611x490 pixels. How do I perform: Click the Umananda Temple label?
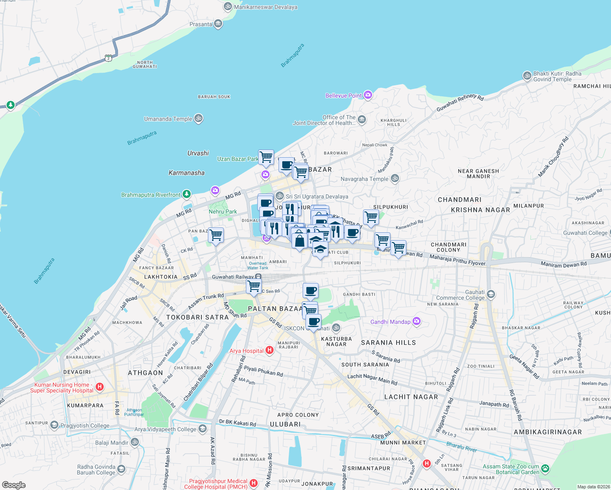coord(168,119)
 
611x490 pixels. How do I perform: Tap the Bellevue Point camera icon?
coord(368,95)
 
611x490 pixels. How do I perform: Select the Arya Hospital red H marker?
coord(269,350)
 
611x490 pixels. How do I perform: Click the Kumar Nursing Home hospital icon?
coord(99,387)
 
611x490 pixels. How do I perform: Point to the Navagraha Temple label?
coord(364,179)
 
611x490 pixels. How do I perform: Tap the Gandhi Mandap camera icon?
coord(416,321)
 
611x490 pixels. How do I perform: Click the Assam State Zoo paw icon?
coord(545,468)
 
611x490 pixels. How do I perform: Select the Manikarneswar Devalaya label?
coord(265,7)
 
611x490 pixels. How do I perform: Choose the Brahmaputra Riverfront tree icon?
coord(187,194)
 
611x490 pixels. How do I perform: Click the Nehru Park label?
coord(223,212)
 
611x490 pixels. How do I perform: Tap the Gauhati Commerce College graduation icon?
coord(491,294)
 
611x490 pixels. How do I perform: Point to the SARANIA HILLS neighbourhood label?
coord(388,343)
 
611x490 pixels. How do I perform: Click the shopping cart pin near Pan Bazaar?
coord(216,235)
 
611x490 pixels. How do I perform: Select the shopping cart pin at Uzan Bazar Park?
coord(266,157)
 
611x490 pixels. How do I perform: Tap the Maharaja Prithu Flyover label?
coord(457,260)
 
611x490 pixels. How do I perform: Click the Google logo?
coord(13,485)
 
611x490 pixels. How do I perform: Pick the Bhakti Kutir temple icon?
coord(527,76)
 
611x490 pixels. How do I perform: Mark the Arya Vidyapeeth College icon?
coord(203,428)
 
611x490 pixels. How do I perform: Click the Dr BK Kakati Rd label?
coord(237,423)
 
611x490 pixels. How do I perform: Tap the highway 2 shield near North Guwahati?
coord(108,58)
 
